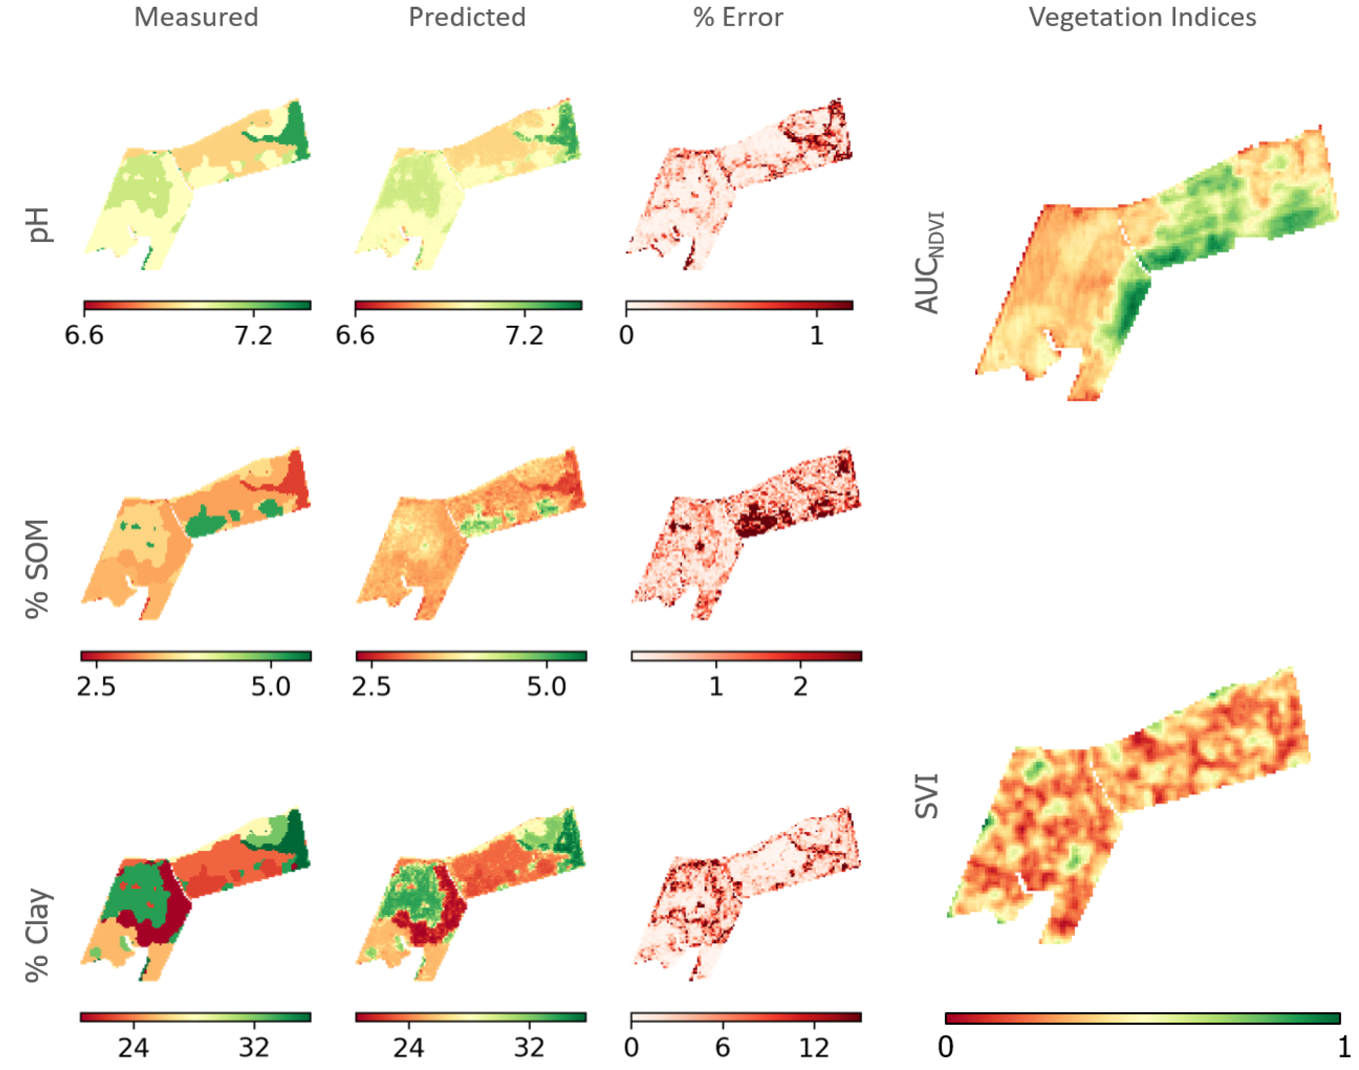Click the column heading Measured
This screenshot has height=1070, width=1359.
coord(196,17)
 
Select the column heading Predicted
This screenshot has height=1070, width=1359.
coord(467,17)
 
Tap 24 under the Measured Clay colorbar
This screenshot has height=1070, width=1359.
coord(133,1047)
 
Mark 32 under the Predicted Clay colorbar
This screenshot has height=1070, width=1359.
coord(529,1047)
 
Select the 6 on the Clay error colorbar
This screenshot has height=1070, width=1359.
coord(722,1047)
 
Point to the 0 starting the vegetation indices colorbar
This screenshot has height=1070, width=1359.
coord(946,1047)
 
